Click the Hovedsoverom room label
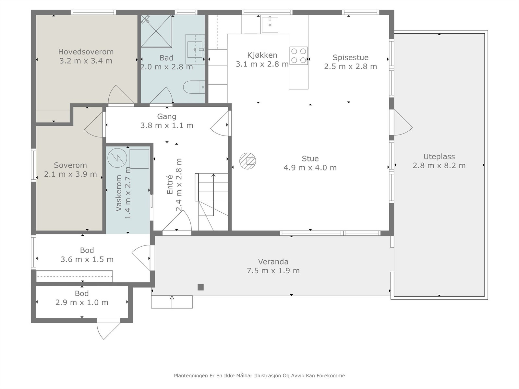pyautogui.click(x=86, y=52)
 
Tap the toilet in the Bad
pyautogui.click(x=194, y=87)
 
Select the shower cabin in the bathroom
pyautogui.click(x=156, y=31)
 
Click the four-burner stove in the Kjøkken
pyautogui.click(x=299, y=56)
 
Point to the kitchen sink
pyautogui.click(x=270, y=25)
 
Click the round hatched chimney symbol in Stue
pyautogui.click(x=247, y=161)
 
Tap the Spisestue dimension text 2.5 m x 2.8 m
pyautogui.click(x=350, y=66)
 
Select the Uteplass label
pyautogui.click(x=439, y=156)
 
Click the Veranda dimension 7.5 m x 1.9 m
pyautogui.click(x=273, y=270)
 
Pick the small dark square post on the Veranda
pyautogui.click(x=200, y=287)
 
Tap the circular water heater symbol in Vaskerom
pyautogui.click(x=117, y=158)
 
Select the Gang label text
pyautogui.click(x=167, y=116)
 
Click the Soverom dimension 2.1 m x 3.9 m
pyautogui.click(x=70, y=174)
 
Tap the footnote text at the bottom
pyautogui.click(x=259, y=375)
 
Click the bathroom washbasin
pyautogui.click(x=195, y=49)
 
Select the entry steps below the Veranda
pyautogui.click(x=172, y=302)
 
